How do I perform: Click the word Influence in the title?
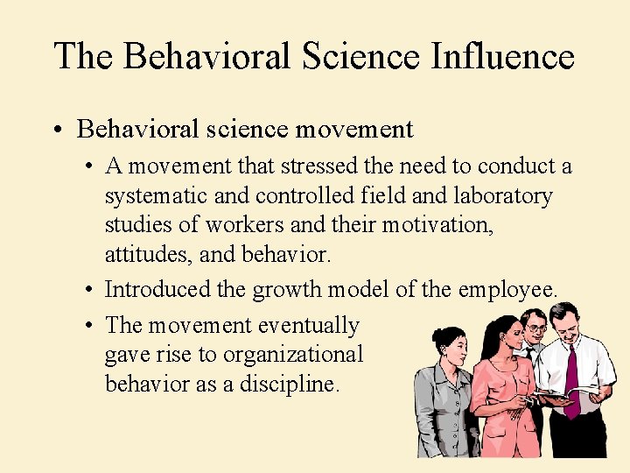tap(503, 56)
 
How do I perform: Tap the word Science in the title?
tap(360, 56)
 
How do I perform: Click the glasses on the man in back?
tap(535, 328)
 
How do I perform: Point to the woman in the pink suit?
tap(499, 385)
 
